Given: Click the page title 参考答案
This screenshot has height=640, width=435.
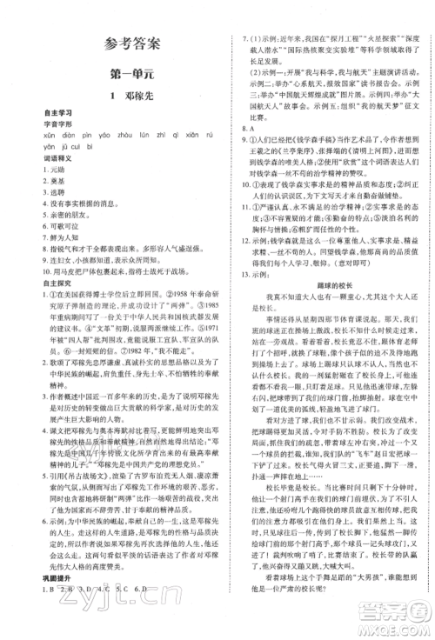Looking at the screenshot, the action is [x=117, y=43].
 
